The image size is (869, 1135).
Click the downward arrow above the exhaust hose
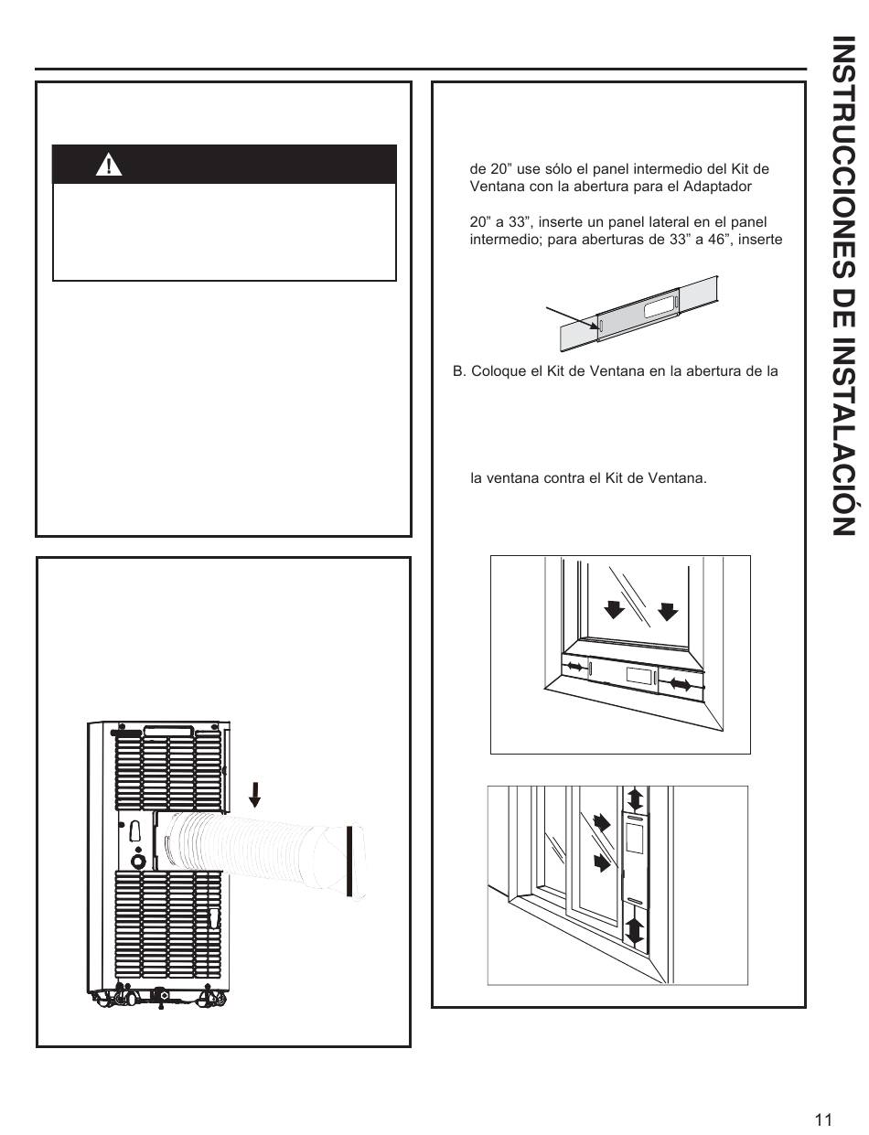(254, 796)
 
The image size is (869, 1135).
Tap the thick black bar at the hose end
(349, 862)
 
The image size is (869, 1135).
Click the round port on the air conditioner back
(138, 862)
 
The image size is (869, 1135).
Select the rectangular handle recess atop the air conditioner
(167, 732)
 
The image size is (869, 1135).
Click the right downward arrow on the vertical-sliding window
(669, 610)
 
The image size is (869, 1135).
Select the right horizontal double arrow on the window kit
(680, 681)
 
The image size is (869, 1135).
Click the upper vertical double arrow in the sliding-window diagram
(635, 798)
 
